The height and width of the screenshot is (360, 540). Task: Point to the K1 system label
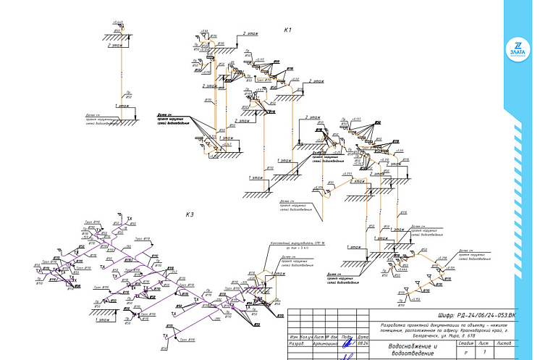tap(287, 30)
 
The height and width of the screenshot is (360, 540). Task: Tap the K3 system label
tap(190, 214)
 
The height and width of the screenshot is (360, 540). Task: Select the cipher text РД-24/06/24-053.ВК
tap(478, 315)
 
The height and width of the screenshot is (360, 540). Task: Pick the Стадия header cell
tap(466, 343)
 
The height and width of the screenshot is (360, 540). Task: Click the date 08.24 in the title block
tap(363, 346)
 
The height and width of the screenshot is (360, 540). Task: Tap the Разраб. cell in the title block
tap(296, 346)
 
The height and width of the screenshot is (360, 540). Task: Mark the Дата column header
tap(363, 338)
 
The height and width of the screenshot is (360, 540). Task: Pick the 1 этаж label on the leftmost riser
tap(125, 106)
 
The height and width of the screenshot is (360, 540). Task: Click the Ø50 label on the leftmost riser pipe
tap(129, 96)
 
